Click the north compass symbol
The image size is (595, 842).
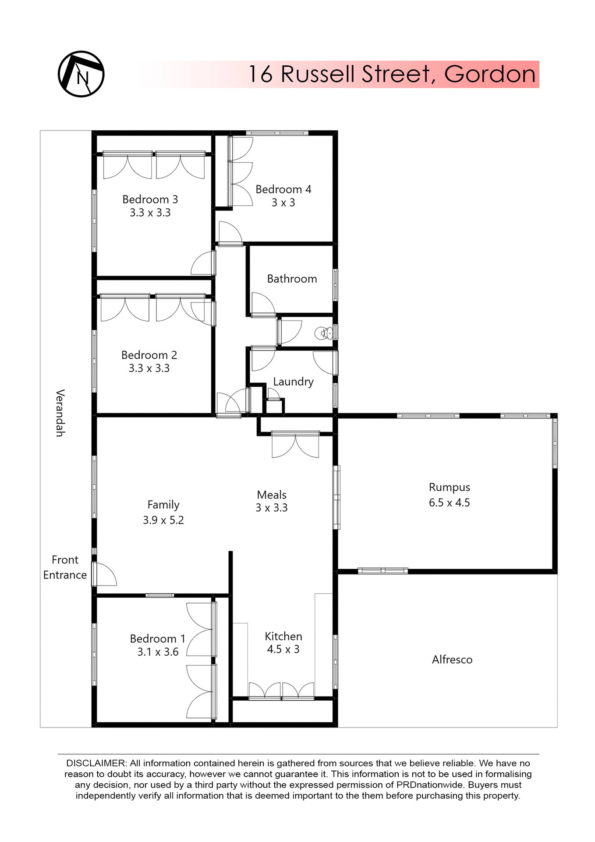click(x=81, y=74)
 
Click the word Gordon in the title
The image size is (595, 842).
click(x=490, y=74)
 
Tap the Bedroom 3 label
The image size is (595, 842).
click(x=150, y=200)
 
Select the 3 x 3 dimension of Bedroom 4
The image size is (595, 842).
click(x=283, y=203)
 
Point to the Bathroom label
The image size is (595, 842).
click(x=292, y=279)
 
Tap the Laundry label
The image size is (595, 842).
click(x=293, y=382)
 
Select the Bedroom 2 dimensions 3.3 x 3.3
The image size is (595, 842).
click(x=149, y=368)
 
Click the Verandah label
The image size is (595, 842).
click(x=60, y=413)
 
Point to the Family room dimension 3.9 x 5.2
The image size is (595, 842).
click(x=163, y=520)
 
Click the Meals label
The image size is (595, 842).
click(x=272, y=495)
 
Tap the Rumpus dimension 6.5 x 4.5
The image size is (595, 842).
click(x=449, y=503)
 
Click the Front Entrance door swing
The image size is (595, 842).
click(x=106, y=575)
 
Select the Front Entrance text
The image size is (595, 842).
click(x=65, y=567)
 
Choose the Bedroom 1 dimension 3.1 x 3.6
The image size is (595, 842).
click(x=158, y=652)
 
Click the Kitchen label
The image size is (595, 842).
click(x=283, y=636)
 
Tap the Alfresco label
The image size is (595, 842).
click(x=452, y=660)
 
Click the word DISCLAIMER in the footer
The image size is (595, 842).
click(x=96, y=764)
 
